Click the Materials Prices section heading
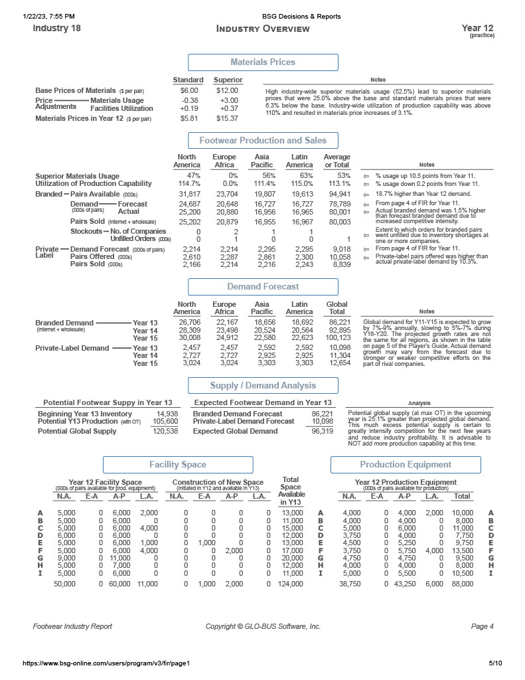[x=262, y=62]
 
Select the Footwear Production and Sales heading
[x=263, y=140]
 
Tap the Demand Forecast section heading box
[x=263, y=287]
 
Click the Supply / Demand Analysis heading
[x=263, y=386]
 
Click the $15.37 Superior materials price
[x=227, y=118]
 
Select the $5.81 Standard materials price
[x=189, y=118]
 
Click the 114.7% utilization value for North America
[x=190, y=183]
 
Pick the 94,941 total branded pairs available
[x=337, y=194]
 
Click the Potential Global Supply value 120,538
[x=165, y=431]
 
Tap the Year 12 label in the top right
[x=477, y=28]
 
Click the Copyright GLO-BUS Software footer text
[x=263, y=626]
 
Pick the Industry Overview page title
[x=263, y=29]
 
